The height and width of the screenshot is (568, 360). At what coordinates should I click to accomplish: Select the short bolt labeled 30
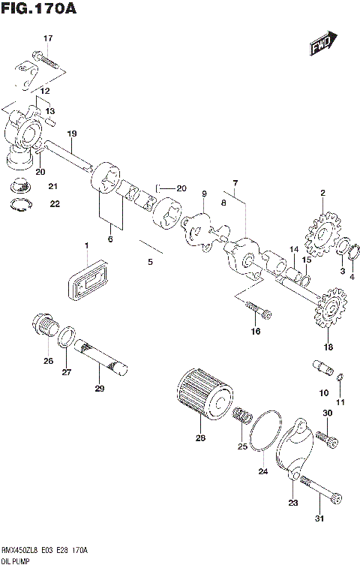tap(324, 434)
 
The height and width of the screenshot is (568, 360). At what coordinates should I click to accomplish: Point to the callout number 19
tap(72, 134)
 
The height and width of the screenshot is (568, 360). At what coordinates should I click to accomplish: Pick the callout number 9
tap(204, 194)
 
